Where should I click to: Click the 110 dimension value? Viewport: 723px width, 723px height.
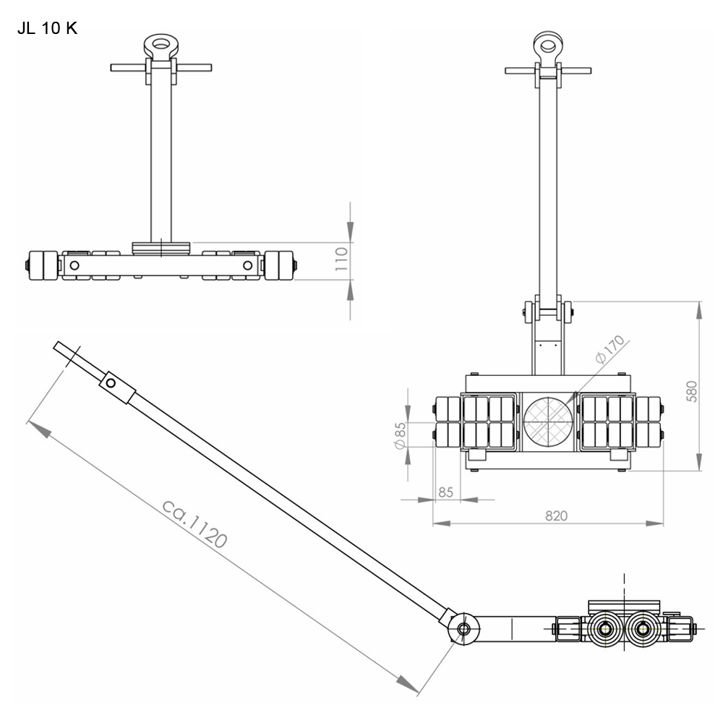pos(343,259)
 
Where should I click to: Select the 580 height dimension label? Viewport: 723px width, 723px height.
pos(692,390)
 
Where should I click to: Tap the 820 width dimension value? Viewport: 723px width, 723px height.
pos(556,515)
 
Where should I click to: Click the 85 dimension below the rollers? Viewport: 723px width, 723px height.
pos(445,492)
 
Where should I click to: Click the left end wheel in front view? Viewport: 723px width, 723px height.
pos(40,265)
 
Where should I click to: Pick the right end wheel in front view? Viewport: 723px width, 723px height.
pos(279,265)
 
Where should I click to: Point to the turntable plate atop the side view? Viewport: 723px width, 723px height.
pos(625,605)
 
